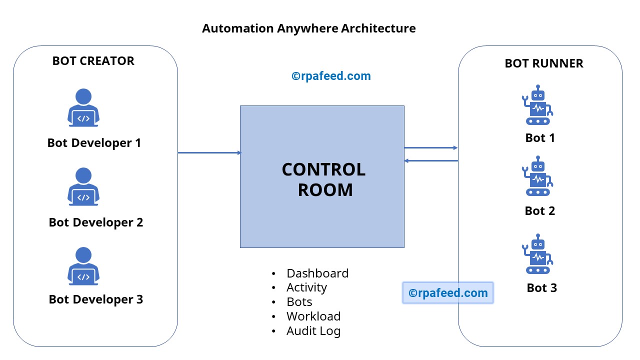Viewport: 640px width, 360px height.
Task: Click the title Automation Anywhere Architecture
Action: (308, 28)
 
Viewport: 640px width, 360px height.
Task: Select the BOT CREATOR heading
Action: (93, 61)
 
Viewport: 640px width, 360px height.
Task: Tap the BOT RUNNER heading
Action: (544, 63)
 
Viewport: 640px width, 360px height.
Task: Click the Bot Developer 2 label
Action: (96, 222)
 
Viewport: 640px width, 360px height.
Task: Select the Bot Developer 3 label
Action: (96, 299)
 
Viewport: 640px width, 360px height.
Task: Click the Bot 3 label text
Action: (541, 288)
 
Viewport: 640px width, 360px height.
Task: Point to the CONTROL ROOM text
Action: (324, 179)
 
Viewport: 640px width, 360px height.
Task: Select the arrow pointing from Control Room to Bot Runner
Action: (430, 147)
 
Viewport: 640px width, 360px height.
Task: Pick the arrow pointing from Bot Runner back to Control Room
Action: (430, 160)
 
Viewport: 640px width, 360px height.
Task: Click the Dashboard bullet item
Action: (317, 273)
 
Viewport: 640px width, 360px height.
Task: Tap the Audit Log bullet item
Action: (313, 331)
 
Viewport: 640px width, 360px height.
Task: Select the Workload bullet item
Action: (313, 316)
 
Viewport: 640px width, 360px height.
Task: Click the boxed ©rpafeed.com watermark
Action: (447, 293)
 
